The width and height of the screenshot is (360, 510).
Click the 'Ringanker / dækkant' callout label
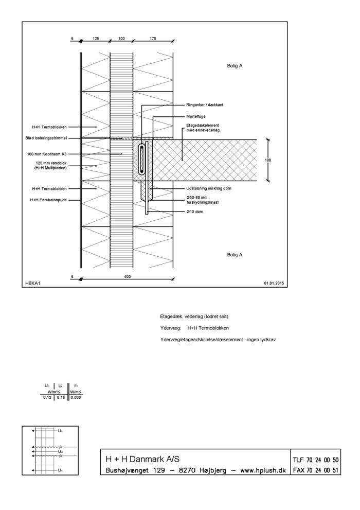tap(205, 105)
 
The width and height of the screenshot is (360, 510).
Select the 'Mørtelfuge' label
tap(196, 116)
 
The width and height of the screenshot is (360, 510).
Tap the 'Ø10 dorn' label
tap(195, 212)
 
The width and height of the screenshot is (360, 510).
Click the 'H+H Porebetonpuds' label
tap(49, 200)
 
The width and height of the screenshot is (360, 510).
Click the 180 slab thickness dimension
tap(267, 160)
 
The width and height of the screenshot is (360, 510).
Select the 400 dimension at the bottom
tap(128, 277)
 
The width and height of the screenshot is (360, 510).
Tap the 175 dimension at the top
tap(153, 38)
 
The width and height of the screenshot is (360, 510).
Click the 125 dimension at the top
tap(96, 38)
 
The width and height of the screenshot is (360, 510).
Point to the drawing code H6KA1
tap(32, 283)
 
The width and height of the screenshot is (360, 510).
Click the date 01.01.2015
tap(274, 283)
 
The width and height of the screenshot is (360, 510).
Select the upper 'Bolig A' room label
tap(235, 66)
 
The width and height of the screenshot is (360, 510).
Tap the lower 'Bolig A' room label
tap(235, 254)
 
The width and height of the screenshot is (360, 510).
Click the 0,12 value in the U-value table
tap(47, 397)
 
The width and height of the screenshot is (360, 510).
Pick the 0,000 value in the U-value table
tap(76, 397)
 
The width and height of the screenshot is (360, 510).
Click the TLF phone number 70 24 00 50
tap(316, 460)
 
